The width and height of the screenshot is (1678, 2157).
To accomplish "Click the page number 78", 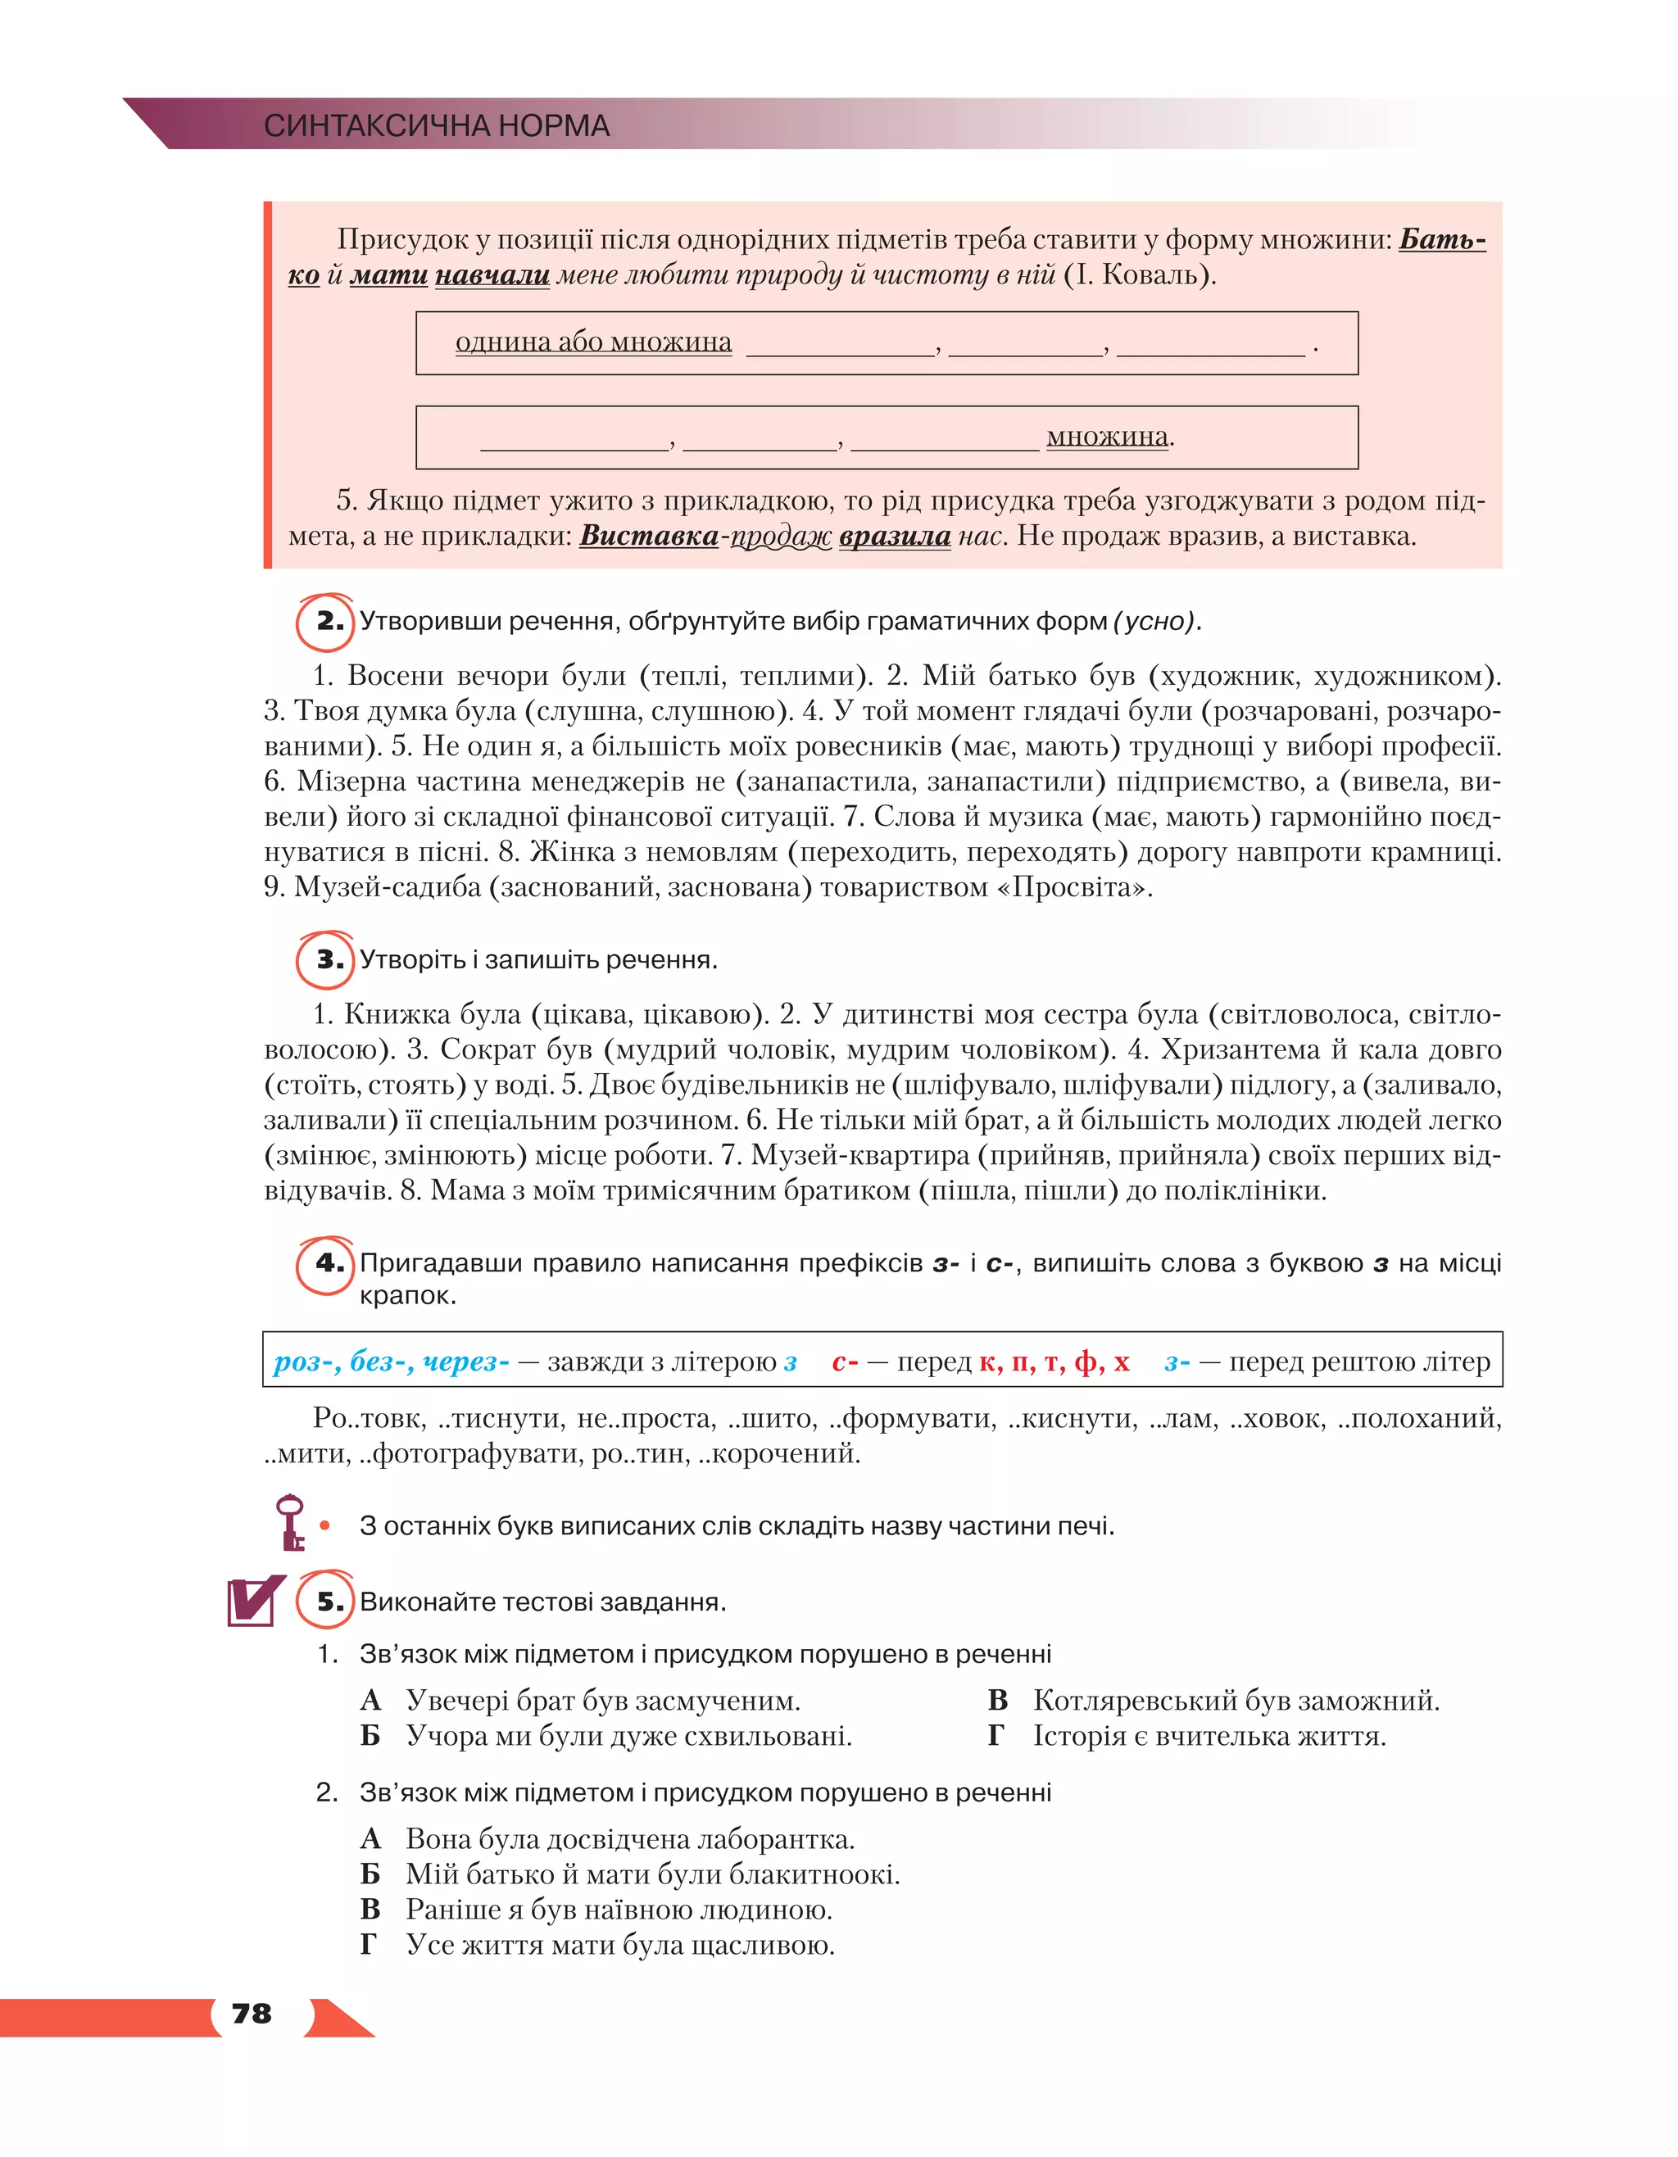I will (251, 2014).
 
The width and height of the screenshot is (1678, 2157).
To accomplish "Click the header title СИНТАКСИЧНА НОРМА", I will (437, 125).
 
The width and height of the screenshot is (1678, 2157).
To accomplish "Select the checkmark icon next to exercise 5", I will (254, 1601).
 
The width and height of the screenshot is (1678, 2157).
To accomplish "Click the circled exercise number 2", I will (326, 623).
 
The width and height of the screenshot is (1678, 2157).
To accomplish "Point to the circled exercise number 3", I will (326, 960).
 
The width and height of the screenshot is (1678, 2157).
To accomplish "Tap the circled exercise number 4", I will (326, 1263).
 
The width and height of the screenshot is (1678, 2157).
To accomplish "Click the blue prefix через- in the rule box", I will (465, 1362).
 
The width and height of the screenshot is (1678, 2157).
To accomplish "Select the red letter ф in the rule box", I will (1086, 1362).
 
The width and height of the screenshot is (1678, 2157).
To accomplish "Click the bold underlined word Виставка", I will (648, 537).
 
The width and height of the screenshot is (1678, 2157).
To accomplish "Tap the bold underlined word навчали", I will (492, 274).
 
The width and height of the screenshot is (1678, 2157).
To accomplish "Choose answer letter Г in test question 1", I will (995, 1736).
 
